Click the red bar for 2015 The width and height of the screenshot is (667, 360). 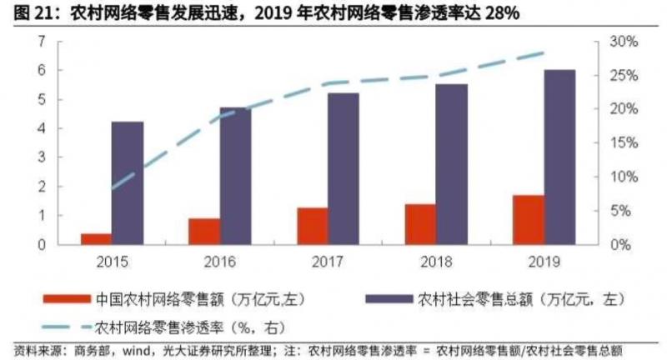click(x=96, y=239)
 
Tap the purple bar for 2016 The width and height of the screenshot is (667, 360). click(x=235, y=176)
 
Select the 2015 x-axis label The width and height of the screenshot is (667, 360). click(x=112, y=262)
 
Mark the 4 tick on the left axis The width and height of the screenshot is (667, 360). click(x=40, y=128)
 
